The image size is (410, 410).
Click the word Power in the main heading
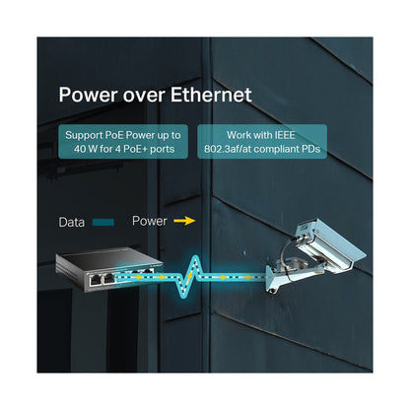pyautogui.click(x=88, y=95)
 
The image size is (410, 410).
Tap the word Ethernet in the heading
pyautogui.click(x=211, y=95)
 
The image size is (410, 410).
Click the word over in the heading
pyautogui.click(x=144, y=96)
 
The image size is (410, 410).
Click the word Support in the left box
pyautogui.click(x=84, y=136)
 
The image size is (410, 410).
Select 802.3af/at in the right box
pyautogui.click(x=228, y=149)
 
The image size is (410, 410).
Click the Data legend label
pyautogui.click(x=72, y=223)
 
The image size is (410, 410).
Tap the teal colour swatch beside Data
pyautogui.click(x=103, y=223)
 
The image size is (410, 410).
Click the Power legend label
pyautogui.click(x=150, y=221)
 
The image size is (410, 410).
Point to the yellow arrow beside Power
pyautogui.click(x=184, y=221)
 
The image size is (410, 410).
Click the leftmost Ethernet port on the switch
pyautogui.click(x=96, y=280)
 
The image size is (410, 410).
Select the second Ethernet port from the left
pyautogui.click(x=108, y=279)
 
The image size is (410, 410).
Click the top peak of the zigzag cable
pyautogui.click(x=196, y=257)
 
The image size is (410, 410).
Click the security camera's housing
pyautogui.click(x=328, y=243)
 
